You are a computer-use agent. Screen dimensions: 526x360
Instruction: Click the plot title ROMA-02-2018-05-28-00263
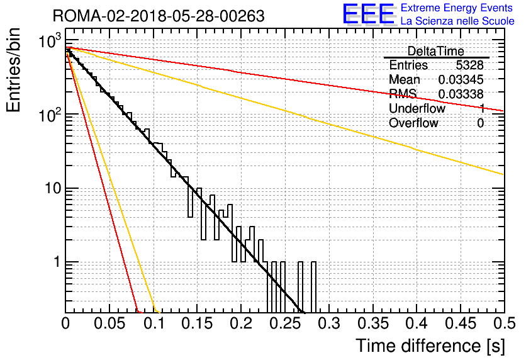coord(159,16)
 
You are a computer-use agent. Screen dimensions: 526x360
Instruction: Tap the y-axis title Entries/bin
coord(13,70)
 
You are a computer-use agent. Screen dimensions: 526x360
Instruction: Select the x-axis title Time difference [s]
coord(430,346)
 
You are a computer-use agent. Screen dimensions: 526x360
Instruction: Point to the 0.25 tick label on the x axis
coord(285,323)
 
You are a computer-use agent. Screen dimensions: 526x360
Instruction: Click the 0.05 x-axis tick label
coord(109,323)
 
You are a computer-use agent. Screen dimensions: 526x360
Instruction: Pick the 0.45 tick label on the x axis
coord(461,323)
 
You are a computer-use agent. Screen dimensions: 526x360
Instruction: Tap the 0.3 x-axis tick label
coord(329,323)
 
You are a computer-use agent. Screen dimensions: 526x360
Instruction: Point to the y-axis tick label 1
coord(58,262)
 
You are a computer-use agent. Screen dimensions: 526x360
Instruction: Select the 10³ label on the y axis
coord(50,41)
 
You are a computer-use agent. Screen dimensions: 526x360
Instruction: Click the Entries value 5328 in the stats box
coord(469,65)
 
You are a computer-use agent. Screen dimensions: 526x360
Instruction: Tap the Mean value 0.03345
coord(461,79)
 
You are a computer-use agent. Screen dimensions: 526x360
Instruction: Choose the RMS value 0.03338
coord(461,94)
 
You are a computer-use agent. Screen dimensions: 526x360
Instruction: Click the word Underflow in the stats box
coord(417,108)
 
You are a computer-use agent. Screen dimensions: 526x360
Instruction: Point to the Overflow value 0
coord(480,123)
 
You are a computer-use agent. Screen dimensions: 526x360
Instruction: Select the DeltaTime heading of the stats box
coord(436,51)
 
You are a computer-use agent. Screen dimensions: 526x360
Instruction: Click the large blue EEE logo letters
coord(369,14)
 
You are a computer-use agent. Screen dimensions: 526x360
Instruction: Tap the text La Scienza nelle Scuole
coord(457,21)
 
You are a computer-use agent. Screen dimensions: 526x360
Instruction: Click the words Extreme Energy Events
coord(457,8)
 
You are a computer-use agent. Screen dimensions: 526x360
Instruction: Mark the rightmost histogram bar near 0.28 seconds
coord(313,287)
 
